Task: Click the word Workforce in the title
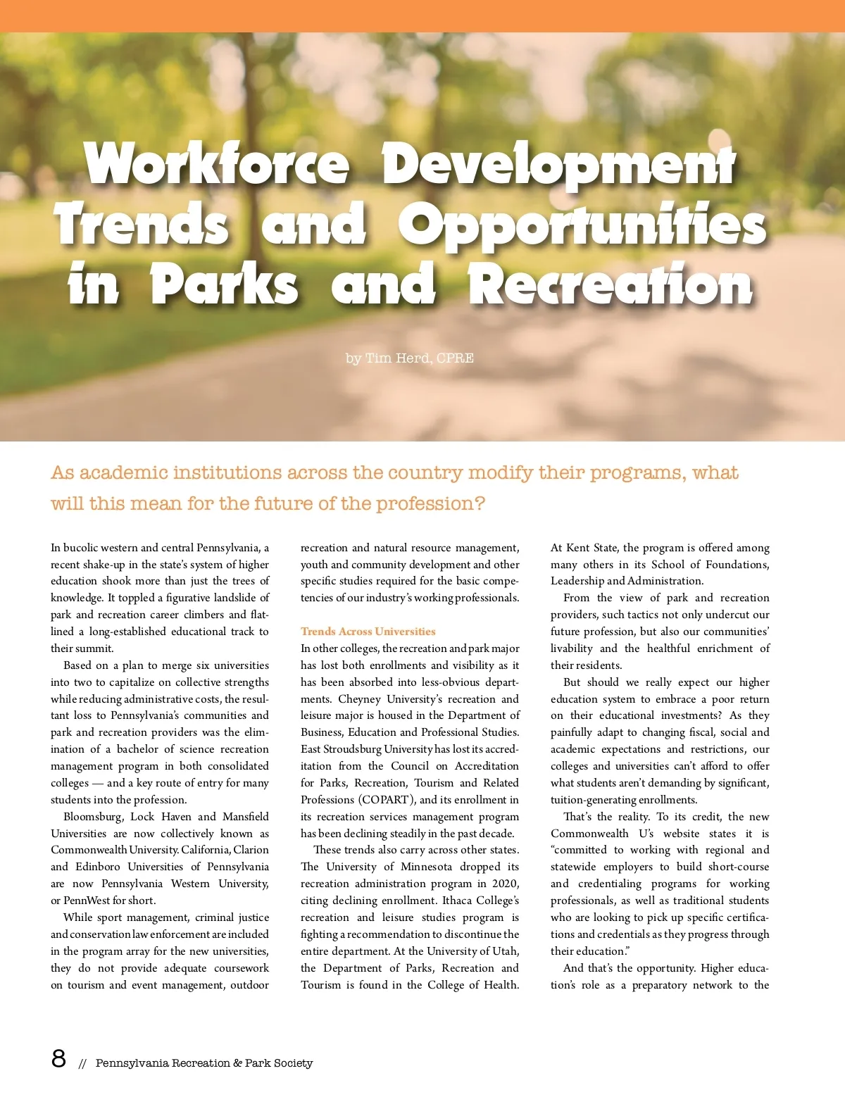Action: click(x=217, y=163)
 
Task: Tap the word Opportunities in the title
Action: click(x=582, y=224)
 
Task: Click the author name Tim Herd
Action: click(x=398, y=358)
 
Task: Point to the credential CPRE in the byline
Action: click(x=455, y=358)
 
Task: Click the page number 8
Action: click(x=58, y=1058)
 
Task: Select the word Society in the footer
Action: click(x=288, y=1063)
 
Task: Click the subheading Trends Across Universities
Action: click(x=368, y=632)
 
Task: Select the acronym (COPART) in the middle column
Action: click(x=385, y=800)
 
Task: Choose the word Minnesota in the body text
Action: click(x=426, y=867)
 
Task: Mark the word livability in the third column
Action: click(x=571, y=648)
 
